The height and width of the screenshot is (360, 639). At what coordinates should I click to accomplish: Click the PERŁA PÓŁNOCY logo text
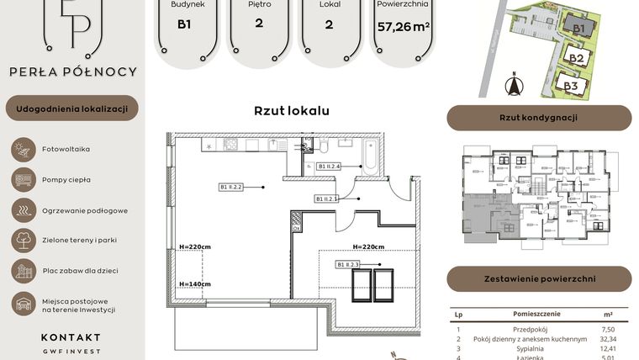72,71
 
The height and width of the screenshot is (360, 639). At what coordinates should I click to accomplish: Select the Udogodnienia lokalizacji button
72,109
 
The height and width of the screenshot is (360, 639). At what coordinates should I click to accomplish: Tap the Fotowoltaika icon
22,149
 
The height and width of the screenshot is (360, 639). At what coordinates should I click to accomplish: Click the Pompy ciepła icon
22,179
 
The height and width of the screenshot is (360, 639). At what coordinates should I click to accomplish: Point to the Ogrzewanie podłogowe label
85,210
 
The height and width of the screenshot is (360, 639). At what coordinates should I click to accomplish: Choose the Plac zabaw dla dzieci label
79,271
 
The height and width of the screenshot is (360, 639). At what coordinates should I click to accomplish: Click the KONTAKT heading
71,337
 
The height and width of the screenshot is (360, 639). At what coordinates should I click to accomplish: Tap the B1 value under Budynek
183,24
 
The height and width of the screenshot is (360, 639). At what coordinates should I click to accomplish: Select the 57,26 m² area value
404,27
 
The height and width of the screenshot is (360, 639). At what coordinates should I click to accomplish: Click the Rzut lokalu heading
292,111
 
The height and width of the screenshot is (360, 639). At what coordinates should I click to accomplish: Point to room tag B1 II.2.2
230,187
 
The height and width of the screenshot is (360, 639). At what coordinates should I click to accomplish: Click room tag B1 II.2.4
329,167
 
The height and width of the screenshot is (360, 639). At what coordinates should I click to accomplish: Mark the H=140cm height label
194,284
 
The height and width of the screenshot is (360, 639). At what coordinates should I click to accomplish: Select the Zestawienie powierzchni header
538,278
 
